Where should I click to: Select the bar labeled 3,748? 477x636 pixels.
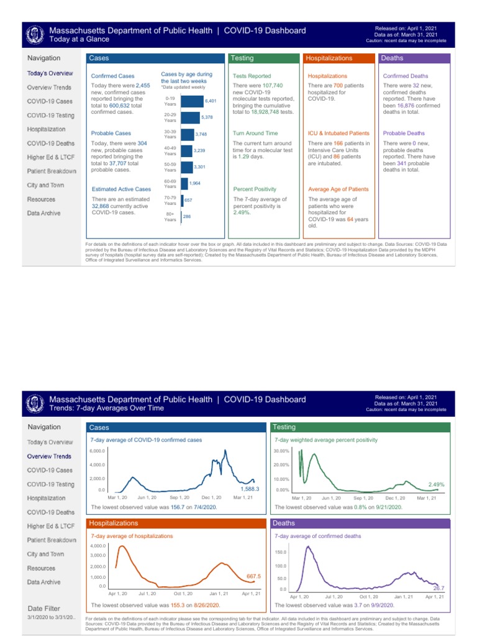(x=187, y=134)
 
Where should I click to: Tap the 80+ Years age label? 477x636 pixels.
(x=170, y=217)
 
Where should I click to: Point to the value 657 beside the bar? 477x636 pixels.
(x=188, y=200)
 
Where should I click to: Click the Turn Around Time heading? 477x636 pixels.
(x=255, y=133)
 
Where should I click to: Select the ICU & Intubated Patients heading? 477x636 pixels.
(x=338, y=133)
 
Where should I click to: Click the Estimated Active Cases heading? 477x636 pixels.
(x=121, y=189)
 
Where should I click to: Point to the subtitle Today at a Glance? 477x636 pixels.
(x=79, y=40)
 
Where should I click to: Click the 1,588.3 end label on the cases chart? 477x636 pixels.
(x=249, y=489)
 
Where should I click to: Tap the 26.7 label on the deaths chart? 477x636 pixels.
(x=438, y=588)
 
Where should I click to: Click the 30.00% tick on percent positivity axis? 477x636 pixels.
(x=281, y=451)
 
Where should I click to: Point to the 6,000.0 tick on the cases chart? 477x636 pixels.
(x=98, y=451)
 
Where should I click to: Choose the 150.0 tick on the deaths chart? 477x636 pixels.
(x=280, y=552)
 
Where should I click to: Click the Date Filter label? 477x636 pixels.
(x=45, y=608)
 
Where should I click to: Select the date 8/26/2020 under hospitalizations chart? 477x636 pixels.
(x=206, y=604)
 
